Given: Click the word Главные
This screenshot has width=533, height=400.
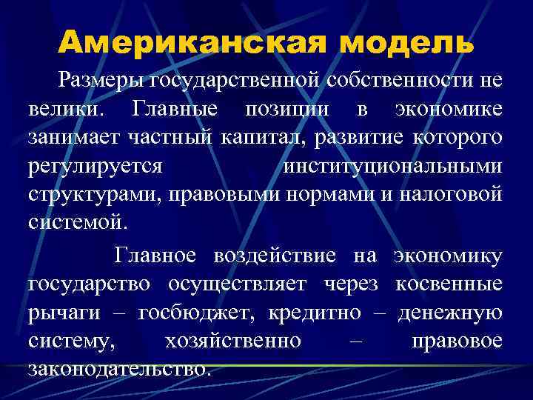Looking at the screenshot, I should [174, 109].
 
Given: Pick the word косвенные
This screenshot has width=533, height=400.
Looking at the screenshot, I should [449, 284].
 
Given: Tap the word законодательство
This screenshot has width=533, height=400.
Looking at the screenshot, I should [119, 368].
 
